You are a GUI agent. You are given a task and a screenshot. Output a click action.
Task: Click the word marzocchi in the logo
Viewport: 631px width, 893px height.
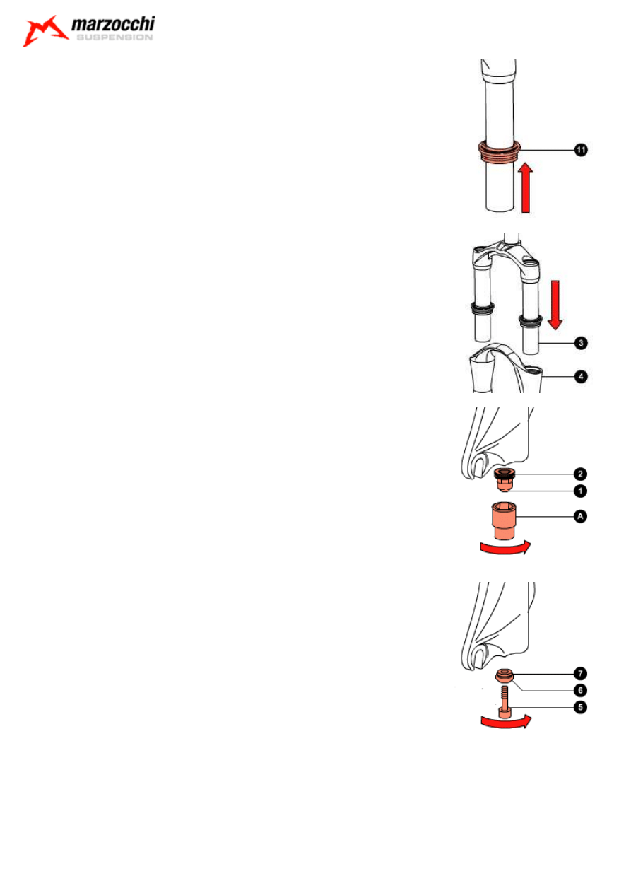tap(113, 24)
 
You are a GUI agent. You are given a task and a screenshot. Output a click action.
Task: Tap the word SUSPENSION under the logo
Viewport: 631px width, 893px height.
tap(114, 37)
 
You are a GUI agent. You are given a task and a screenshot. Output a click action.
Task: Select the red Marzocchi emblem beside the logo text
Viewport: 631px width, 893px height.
tap(45, 31)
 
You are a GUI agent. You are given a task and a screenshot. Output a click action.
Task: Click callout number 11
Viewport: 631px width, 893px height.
tap(581, 150)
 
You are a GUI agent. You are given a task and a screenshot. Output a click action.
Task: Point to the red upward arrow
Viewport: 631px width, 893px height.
tap(526, 187)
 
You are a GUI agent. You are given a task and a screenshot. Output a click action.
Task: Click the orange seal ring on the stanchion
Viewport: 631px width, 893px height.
tap(499, 151)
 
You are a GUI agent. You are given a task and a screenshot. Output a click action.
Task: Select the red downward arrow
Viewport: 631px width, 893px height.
tap(555, 305)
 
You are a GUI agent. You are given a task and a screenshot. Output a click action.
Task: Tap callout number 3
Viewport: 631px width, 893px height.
tap(581, 343)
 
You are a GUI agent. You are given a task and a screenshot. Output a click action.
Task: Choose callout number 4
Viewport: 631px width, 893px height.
tap(581, 376)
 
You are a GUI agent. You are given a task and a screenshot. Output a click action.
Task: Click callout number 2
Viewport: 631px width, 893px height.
tap(580, 474)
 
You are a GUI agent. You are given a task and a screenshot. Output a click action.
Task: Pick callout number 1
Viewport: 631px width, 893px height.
tap(580, 491)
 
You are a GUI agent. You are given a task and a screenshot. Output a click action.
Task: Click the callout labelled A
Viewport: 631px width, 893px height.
tap(580, 516)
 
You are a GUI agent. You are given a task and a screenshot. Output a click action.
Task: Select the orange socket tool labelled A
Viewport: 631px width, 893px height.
tap(504, 520)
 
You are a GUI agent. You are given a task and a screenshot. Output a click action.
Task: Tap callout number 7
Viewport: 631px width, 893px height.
tap(580, 673)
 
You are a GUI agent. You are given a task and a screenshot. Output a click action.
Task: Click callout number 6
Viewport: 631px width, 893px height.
tap(580, 690)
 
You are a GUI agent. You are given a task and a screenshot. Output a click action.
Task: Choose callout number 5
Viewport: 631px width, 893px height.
tap(580, 707)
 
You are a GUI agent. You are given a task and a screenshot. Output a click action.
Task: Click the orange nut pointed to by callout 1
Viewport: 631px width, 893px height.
tap(505, 485)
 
